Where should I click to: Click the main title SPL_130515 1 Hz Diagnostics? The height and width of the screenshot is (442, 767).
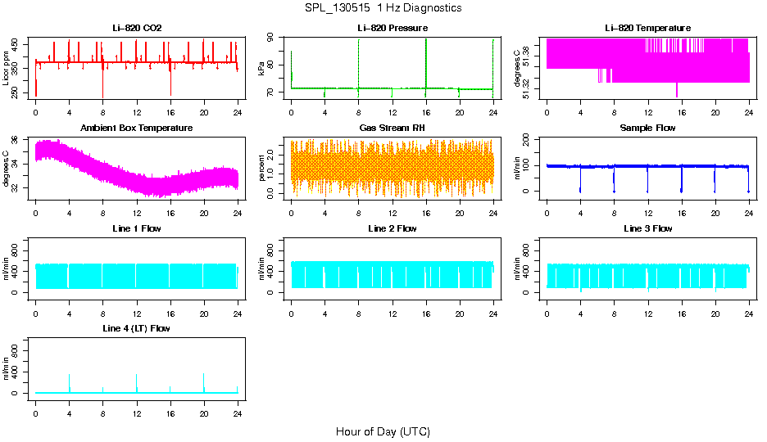[x=383, y=7]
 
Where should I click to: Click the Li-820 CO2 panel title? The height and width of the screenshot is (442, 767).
[x=137, y=28]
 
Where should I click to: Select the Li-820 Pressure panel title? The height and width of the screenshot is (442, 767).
[x=393, y=28]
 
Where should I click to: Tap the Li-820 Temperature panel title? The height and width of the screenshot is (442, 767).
[x=647, y=28]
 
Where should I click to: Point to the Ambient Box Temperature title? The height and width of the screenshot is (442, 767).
[x=137, y=128]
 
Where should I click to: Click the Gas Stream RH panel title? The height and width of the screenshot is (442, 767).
[x=393, y=128]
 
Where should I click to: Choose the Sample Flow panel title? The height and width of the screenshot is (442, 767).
[x=647, y=128]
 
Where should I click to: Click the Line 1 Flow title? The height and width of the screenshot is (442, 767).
[x=137, y=228]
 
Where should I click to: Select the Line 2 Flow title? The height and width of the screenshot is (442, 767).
[x=393, y=228]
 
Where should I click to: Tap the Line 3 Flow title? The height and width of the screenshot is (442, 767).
[x=647, y=228]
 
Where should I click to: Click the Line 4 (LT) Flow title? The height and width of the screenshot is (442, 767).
[x=137, y=328]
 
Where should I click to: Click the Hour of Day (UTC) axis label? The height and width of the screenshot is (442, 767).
[x=383, y=431]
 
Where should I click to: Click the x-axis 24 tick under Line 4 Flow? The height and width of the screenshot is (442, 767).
[x=238, y=412]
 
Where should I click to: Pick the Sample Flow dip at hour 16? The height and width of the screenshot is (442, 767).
[x=681, y=190]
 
